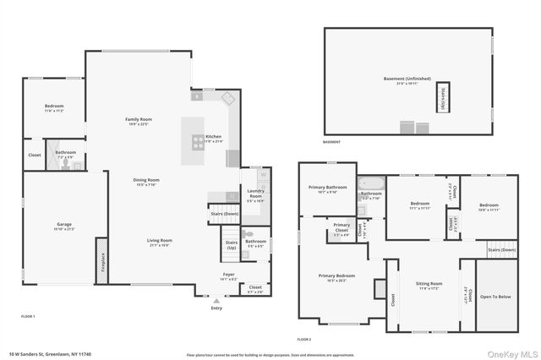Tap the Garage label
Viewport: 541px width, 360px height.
point(64,226)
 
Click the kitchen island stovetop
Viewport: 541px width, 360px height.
point(196,141)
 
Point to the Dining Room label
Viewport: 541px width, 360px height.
point(147,181)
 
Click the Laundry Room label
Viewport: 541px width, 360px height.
point(255,198)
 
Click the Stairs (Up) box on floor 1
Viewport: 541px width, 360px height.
point(232,246)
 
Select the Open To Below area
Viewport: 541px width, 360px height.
point(495,297)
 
